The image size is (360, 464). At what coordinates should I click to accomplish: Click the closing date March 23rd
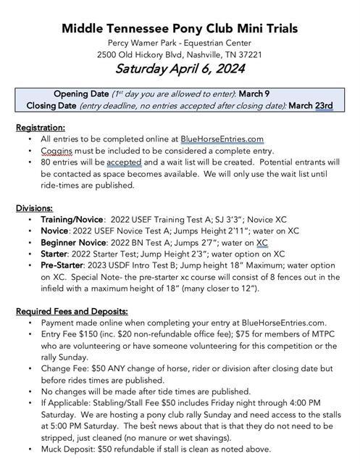[311, 106]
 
